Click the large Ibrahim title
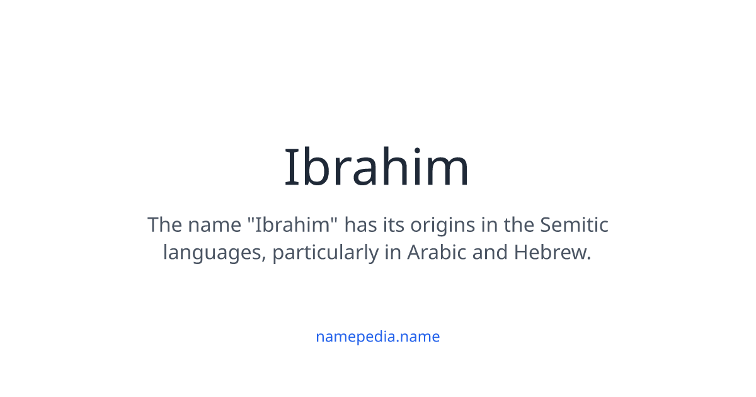(x=377, y=168)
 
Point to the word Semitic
(x=574, y=225)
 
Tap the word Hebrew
(x=553, y=253)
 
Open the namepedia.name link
(x=377, y=337)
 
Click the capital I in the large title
(x=290, y=168)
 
